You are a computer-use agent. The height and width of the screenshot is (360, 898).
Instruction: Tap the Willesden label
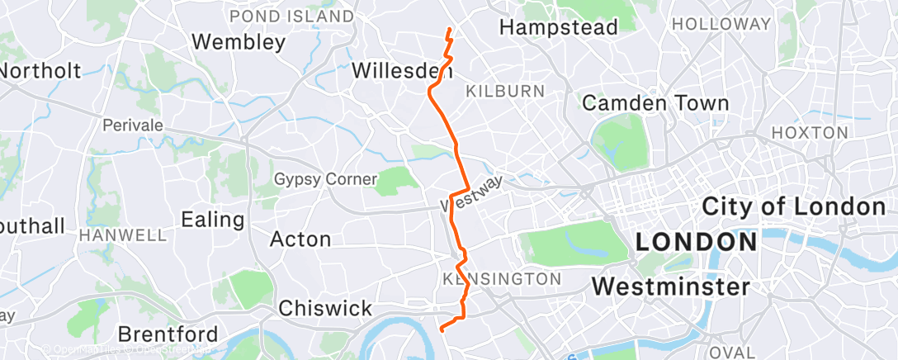coord(401,71)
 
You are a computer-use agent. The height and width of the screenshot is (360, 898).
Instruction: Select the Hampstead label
coord(559,27)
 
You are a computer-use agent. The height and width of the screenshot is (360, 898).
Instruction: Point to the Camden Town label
coord(655,103)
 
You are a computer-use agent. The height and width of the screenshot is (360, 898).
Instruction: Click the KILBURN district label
coord(505,92)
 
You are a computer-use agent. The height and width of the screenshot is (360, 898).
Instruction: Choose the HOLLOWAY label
coord(721,25)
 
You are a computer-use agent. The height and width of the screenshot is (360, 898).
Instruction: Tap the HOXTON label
coord(809,132)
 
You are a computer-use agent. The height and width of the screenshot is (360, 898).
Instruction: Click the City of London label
coord(793,206)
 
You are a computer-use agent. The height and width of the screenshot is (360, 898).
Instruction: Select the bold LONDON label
coord(697,243)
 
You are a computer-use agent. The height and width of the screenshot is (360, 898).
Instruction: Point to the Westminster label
coord(671,287)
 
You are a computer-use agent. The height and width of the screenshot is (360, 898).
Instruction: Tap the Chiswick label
coord(325,309)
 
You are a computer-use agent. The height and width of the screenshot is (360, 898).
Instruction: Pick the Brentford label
coord(168,335)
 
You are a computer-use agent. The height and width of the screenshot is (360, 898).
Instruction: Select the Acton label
coord(300,239)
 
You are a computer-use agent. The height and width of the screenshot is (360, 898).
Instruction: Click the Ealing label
coord(213,220)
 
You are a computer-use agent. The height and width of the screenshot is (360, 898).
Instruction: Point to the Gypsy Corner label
coord(325,179)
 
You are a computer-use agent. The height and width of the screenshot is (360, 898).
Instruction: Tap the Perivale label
coord(132,126)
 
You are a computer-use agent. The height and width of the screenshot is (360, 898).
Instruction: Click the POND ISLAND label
coord(291,17)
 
